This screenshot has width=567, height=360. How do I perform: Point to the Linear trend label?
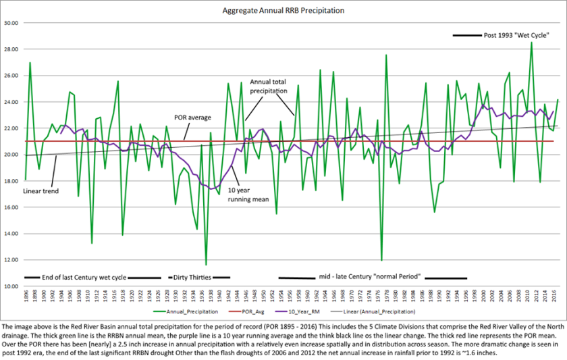coord(41,191)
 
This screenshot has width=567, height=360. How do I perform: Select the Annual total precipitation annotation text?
coord(269,85)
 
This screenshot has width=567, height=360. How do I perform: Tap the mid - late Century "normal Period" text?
coord(370,277)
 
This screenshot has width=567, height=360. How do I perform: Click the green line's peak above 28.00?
coord(531,43)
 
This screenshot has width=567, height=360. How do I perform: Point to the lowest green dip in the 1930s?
coord(206,264)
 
